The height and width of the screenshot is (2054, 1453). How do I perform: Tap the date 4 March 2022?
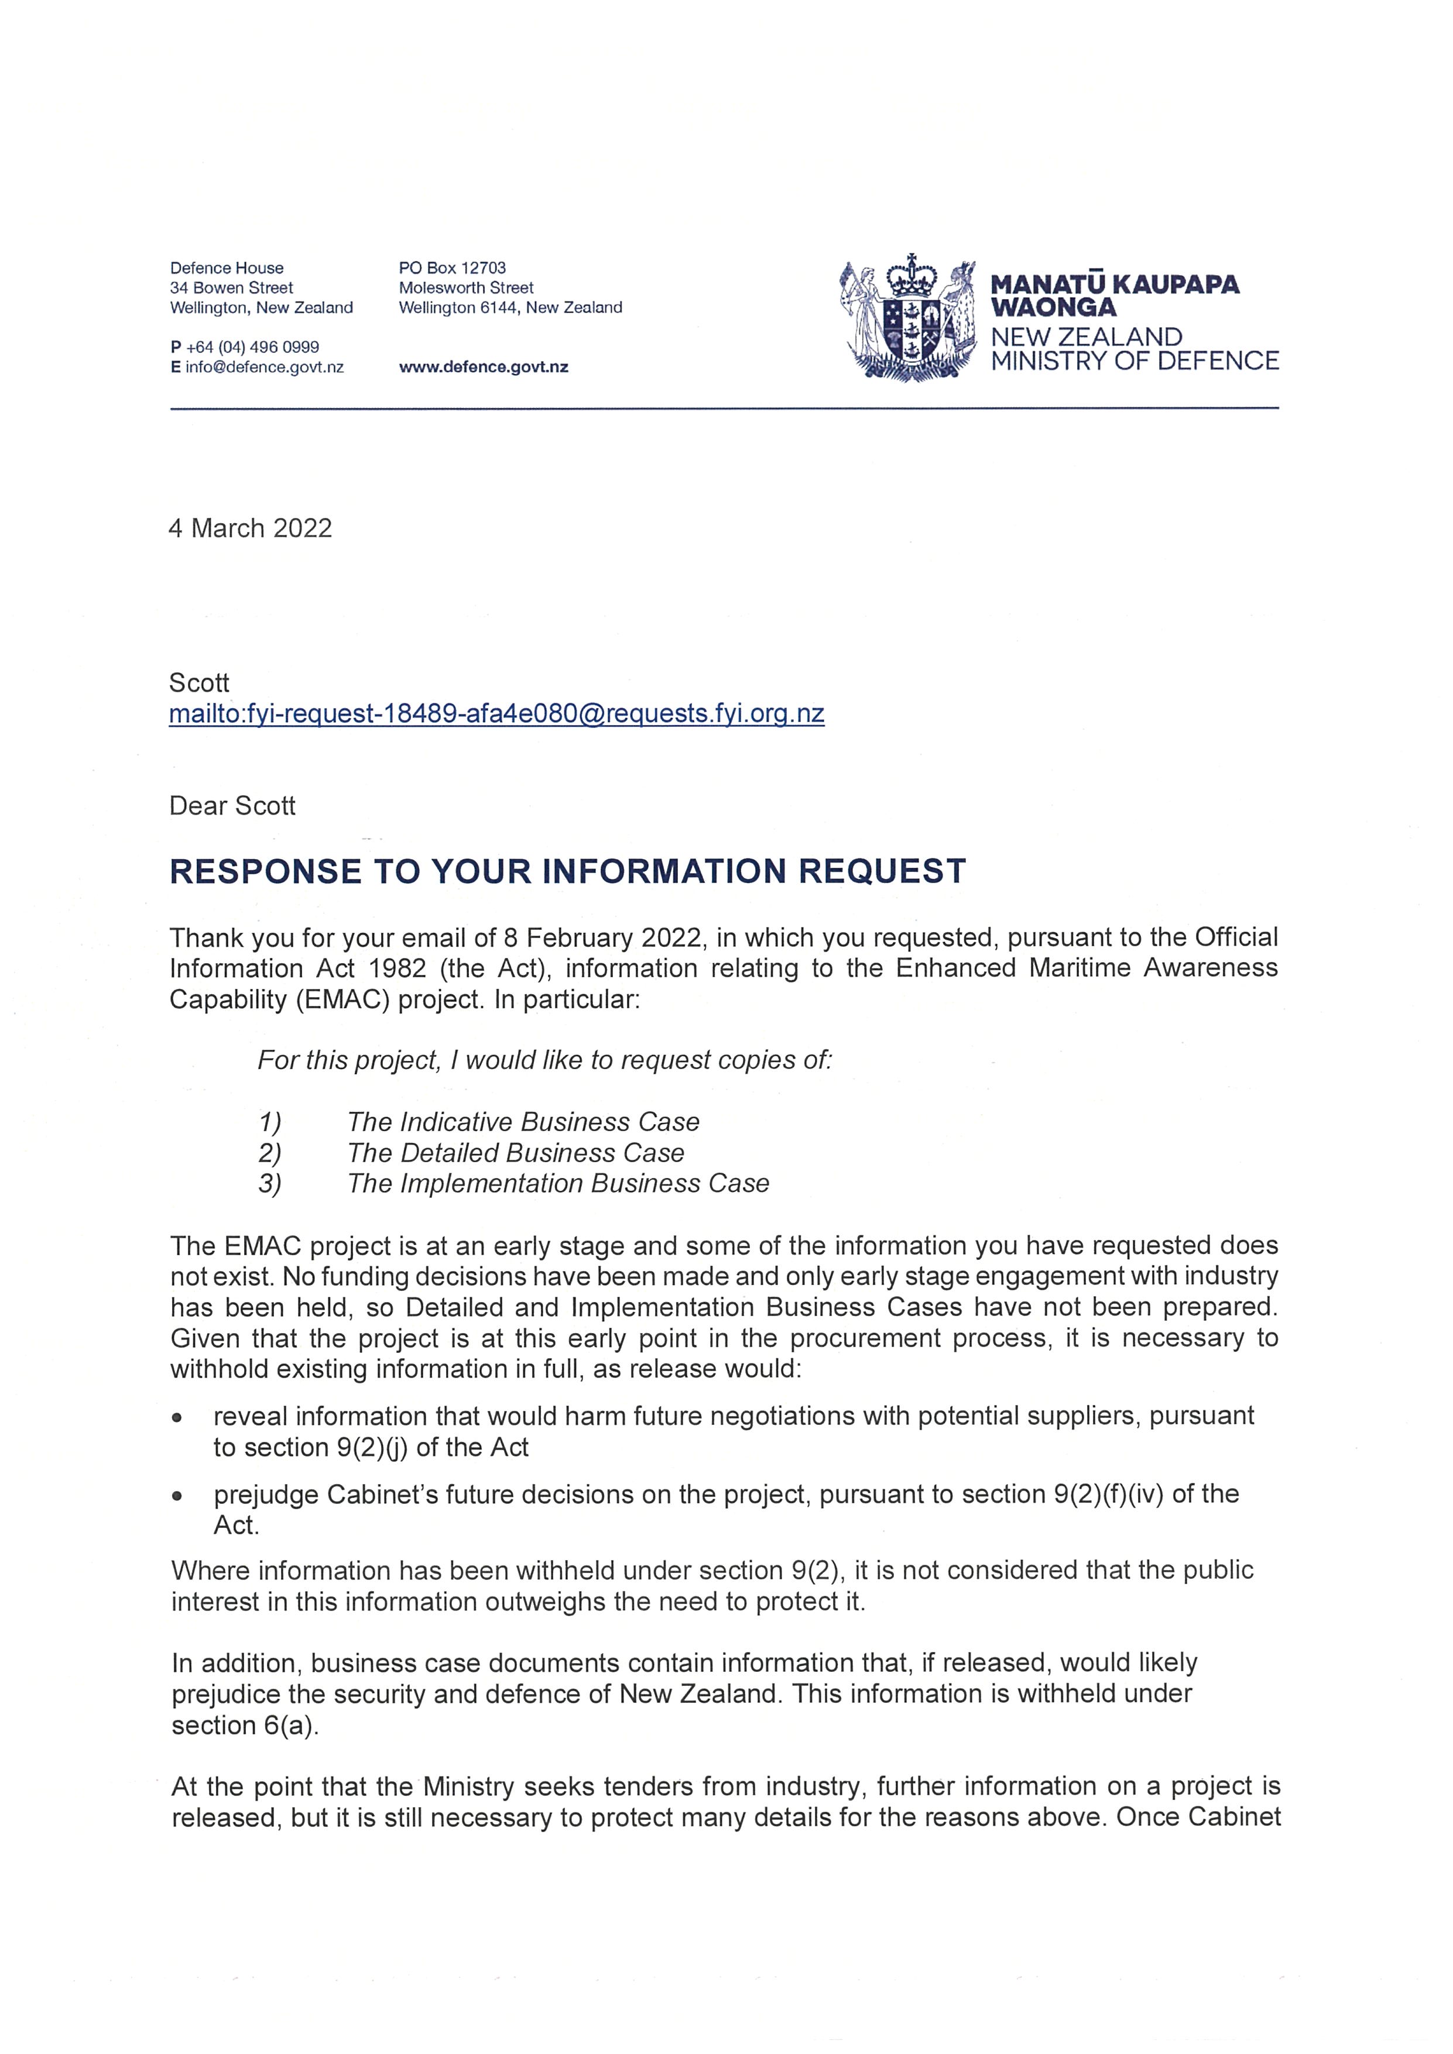(251, 528)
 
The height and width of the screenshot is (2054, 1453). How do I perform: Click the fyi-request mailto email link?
(496, 714)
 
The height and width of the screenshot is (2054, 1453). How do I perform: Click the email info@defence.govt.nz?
(264, 367)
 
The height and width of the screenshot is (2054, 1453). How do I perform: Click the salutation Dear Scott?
(232, 806)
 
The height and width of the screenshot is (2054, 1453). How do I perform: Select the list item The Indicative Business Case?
(523, 1122)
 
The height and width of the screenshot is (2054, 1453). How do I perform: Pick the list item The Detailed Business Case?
(515, 1153)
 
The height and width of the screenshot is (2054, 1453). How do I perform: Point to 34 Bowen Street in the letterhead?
(232, 288)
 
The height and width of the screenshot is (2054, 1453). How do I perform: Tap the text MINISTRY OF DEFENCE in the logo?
(1135, 362)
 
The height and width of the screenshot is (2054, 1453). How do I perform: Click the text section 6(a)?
(245, 1726)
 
